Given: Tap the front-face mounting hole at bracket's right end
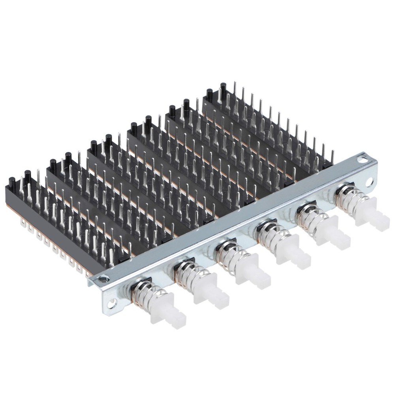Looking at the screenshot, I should pos(369,182).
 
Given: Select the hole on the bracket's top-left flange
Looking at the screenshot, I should pos(103,279).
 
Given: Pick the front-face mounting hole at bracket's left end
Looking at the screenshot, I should pos(113,303).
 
